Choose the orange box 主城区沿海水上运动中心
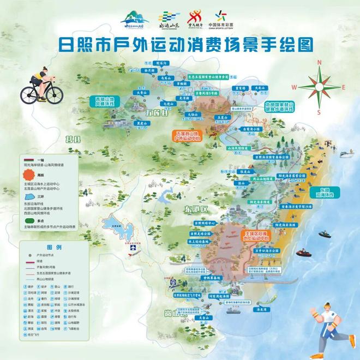pyautogui.click(x=255, y=236)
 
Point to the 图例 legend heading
pyautogui.click(x=53, y=247)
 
